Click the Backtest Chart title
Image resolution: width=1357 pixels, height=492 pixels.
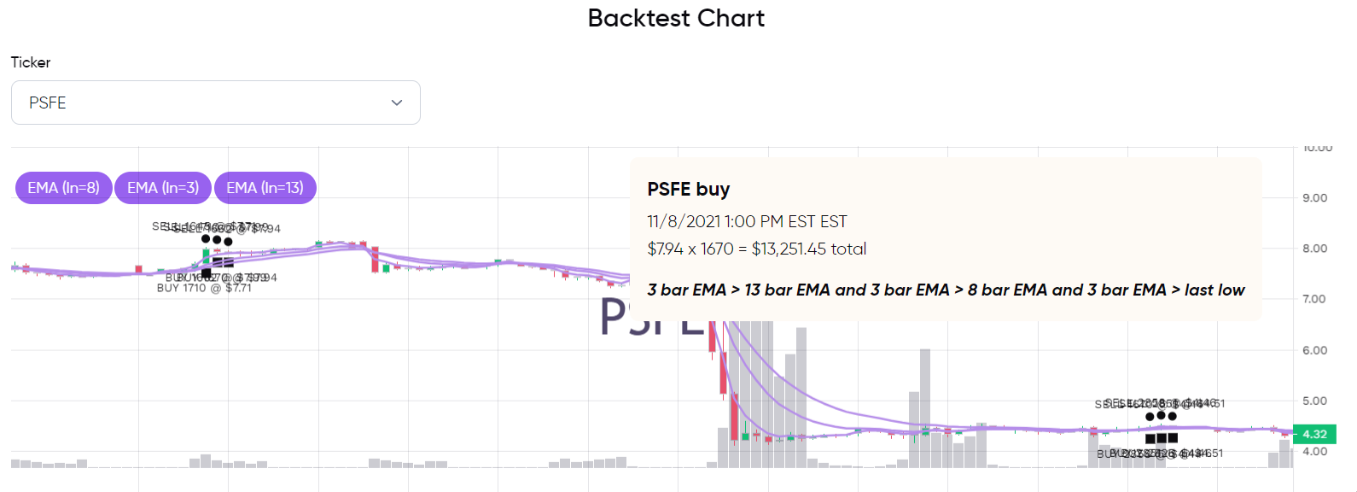point(676,19)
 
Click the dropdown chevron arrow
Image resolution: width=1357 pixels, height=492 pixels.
point(397,102)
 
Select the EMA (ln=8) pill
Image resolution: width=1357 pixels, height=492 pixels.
point(63,188)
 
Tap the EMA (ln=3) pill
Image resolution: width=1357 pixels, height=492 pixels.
point(163,188)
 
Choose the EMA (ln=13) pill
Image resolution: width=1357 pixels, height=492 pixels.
point(265,188)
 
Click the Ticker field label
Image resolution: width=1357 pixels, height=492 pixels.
point(31,62)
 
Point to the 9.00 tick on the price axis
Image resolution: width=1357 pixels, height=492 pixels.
point(1314,198)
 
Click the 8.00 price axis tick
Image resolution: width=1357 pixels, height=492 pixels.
point(1314,249)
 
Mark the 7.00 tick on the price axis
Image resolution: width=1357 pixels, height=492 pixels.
point(1314,299)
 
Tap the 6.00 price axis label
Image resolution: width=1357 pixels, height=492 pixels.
point(1314,350)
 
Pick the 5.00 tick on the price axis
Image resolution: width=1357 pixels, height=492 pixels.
point(1314,401)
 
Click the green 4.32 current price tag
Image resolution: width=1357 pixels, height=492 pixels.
point(1314,434)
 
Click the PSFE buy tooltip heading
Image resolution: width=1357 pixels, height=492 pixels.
point(688,190)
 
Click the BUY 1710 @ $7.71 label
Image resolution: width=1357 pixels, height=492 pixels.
point(204,289)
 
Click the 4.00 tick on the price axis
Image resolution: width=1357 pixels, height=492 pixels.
point(1314,452)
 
